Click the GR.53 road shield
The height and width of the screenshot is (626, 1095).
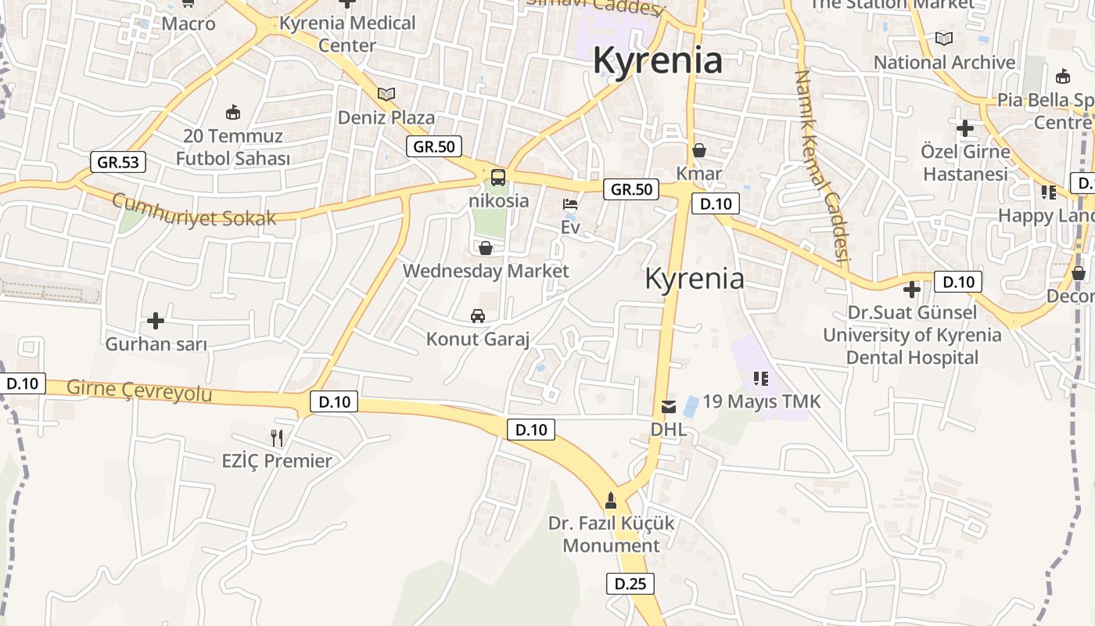[118, 162]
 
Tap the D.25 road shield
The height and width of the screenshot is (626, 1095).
[630, 583]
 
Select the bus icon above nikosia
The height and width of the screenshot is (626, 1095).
[498, 177]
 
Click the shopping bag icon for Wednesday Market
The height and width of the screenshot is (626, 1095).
[486, 248]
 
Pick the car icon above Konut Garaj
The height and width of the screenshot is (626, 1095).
[478, 316]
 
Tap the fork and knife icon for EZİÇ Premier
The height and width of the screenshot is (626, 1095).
[277, 437]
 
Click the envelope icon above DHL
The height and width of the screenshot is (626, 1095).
[669, 406]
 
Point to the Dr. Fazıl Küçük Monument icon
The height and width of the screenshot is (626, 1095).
[611, 499]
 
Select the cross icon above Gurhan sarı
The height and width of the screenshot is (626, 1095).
[156, 320]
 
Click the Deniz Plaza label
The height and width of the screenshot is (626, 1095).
[386, 117]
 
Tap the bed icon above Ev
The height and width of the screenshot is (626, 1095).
[571, 204]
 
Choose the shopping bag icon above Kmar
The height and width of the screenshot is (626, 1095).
[699, 149]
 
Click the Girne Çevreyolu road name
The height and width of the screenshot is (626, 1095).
[139, 390]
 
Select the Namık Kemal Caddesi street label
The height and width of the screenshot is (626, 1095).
[821, 164]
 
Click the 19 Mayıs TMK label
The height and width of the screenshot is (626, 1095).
[762, 401]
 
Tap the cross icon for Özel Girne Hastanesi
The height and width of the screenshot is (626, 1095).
[965, 128]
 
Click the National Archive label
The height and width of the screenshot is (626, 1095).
[944, 62]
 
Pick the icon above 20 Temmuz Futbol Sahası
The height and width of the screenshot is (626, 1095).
[232, 113]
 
